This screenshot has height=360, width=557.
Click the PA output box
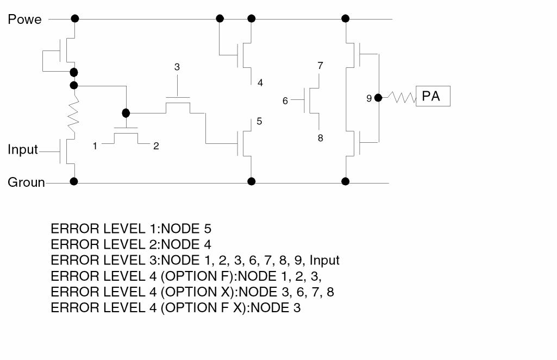(433, 97)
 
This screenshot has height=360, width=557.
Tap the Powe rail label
(24, 20)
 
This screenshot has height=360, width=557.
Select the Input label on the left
(23, 150)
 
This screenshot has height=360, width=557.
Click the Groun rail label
(26, 182)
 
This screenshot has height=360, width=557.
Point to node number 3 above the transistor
(177, 67)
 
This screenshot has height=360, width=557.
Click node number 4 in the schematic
(260, 83)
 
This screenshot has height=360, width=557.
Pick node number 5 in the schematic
(259, 121)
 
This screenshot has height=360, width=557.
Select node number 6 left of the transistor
(285, 100)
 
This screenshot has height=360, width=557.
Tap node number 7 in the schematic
(321, 66)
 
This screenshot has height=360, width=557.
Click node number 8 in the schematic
(321, 138)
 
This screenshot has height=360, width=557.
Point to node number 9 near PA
(369, 98)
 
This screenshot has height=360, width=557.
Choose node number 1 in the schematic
(95, 146)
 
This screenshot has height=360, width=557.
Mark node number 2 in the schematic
(156, 146)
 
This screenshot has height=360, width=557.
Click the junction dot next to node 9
(379, 97)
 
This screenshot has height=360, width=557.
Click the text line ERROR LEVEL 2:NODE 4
(130, 244)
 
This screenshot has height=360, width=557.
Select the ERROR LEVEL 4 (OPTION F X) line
(176, 308)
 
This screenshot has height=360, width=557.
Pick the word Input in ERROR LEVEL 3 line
(324, 260)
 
